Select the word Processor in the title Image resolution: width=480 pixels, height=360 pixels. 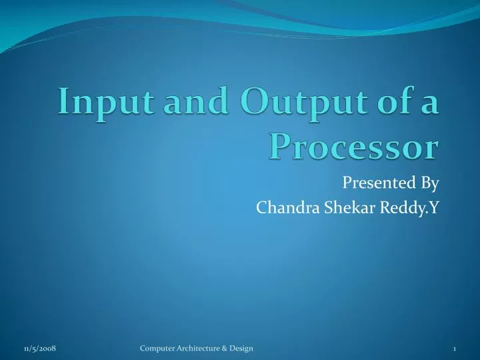click(x=355, y=145)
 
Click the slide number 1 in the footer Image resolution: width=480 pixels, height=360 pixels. click(x=454, y=349)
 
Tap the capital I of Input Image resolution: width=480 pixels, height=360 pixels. click(x=63, y=103)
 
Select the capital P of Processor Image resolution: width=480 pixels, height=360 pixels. click(x=281, y=145)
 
